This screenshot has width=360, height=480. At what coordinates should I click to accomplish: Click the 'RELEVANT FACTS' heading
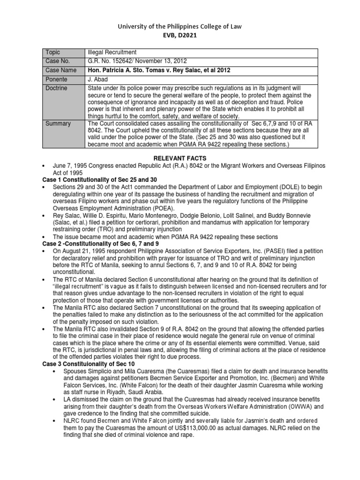(x=180, y=159)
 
